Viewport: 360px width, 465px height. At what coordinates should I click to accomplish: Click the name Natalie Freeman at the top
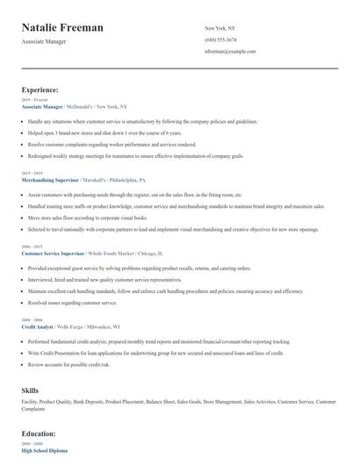[62, 28]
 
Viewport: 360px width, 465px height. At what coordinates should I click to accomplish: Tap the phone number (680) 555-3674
[220, 39]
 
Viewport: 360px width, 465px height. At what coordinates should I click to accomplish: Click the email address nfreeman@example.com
[229, 51]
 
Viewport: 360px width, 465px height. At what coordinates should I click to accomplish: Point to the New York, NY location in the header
[220, 28]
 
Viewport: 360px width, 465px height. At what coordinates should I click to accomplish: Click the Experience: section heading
[40, 89]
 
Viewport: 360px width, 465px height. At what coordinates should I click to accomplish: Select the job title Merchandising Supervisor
[51, 179]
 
